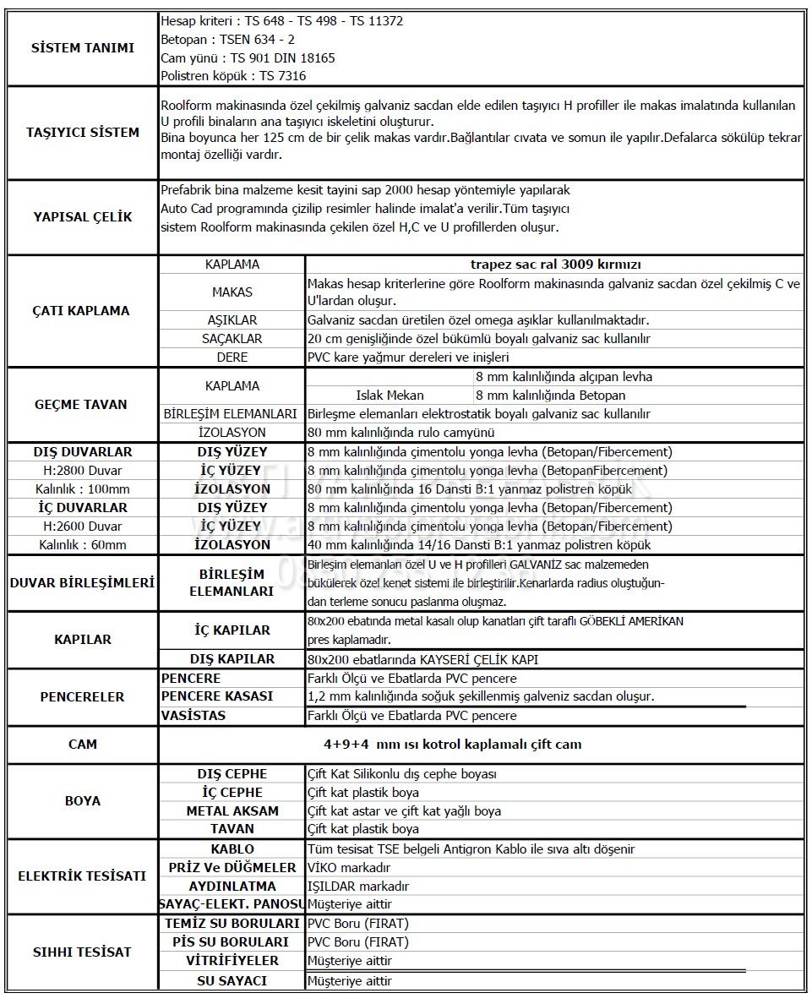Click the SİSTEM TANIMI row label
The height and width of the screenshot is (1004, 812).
82,48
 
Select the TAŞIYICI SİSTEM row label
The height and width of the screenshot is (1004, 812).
82,132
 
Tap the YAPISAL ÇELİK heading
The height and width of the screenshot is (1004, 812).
82,216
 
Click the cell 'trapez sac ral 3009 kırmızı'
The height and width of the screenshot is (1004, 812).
554,265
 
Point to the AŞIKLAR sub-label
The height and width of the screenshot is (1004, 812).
232,320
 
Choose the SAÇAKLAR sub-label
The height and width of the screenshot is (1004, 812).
232,339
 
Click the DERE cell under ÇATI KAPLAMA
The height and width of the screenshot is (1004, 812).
232,357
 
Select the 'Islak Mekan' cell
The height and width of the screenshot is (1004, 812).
390,395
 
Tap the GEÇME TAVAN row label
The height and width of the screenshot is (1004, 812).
81,404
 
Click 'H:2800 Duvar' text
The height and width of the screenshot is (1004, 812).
82,471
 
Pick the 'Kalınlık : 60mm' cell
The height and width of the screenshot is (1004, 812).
82,545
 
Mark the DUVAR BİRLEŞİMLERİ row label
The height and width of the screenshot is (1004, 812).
81,583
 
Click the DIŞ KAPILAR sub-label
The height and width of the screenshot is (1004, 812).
232,659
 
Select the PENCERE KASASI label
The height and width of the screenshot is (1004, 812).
217,696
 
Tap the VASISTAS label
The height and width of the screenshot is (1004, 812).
193,716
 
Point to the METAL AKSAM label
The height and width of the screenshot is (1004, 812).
232,810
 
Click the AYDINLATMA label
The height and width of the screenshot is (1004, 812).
232,886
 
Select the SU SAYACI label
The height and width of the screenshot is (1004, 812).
232,981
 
